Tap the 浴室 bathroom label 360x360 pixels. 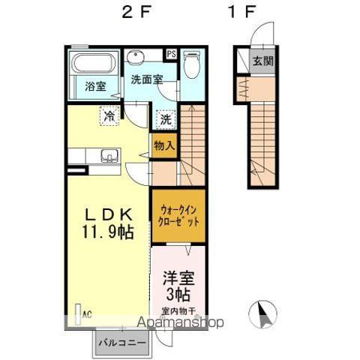95,86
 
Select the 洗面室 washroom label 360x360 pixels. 147,79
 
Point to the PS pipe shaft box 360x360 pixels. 171,54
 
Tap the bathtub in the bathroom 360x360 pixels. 92,63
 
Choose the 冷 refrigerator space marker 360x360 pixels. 109,116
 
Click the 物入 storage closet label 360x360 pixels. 163,146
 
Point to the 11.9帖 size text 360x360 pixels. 109,232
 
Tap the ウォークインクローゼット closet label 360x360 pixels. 178,216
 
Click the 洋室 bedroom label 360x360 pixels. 179,277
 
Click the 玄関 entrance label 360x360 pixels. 262,61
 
